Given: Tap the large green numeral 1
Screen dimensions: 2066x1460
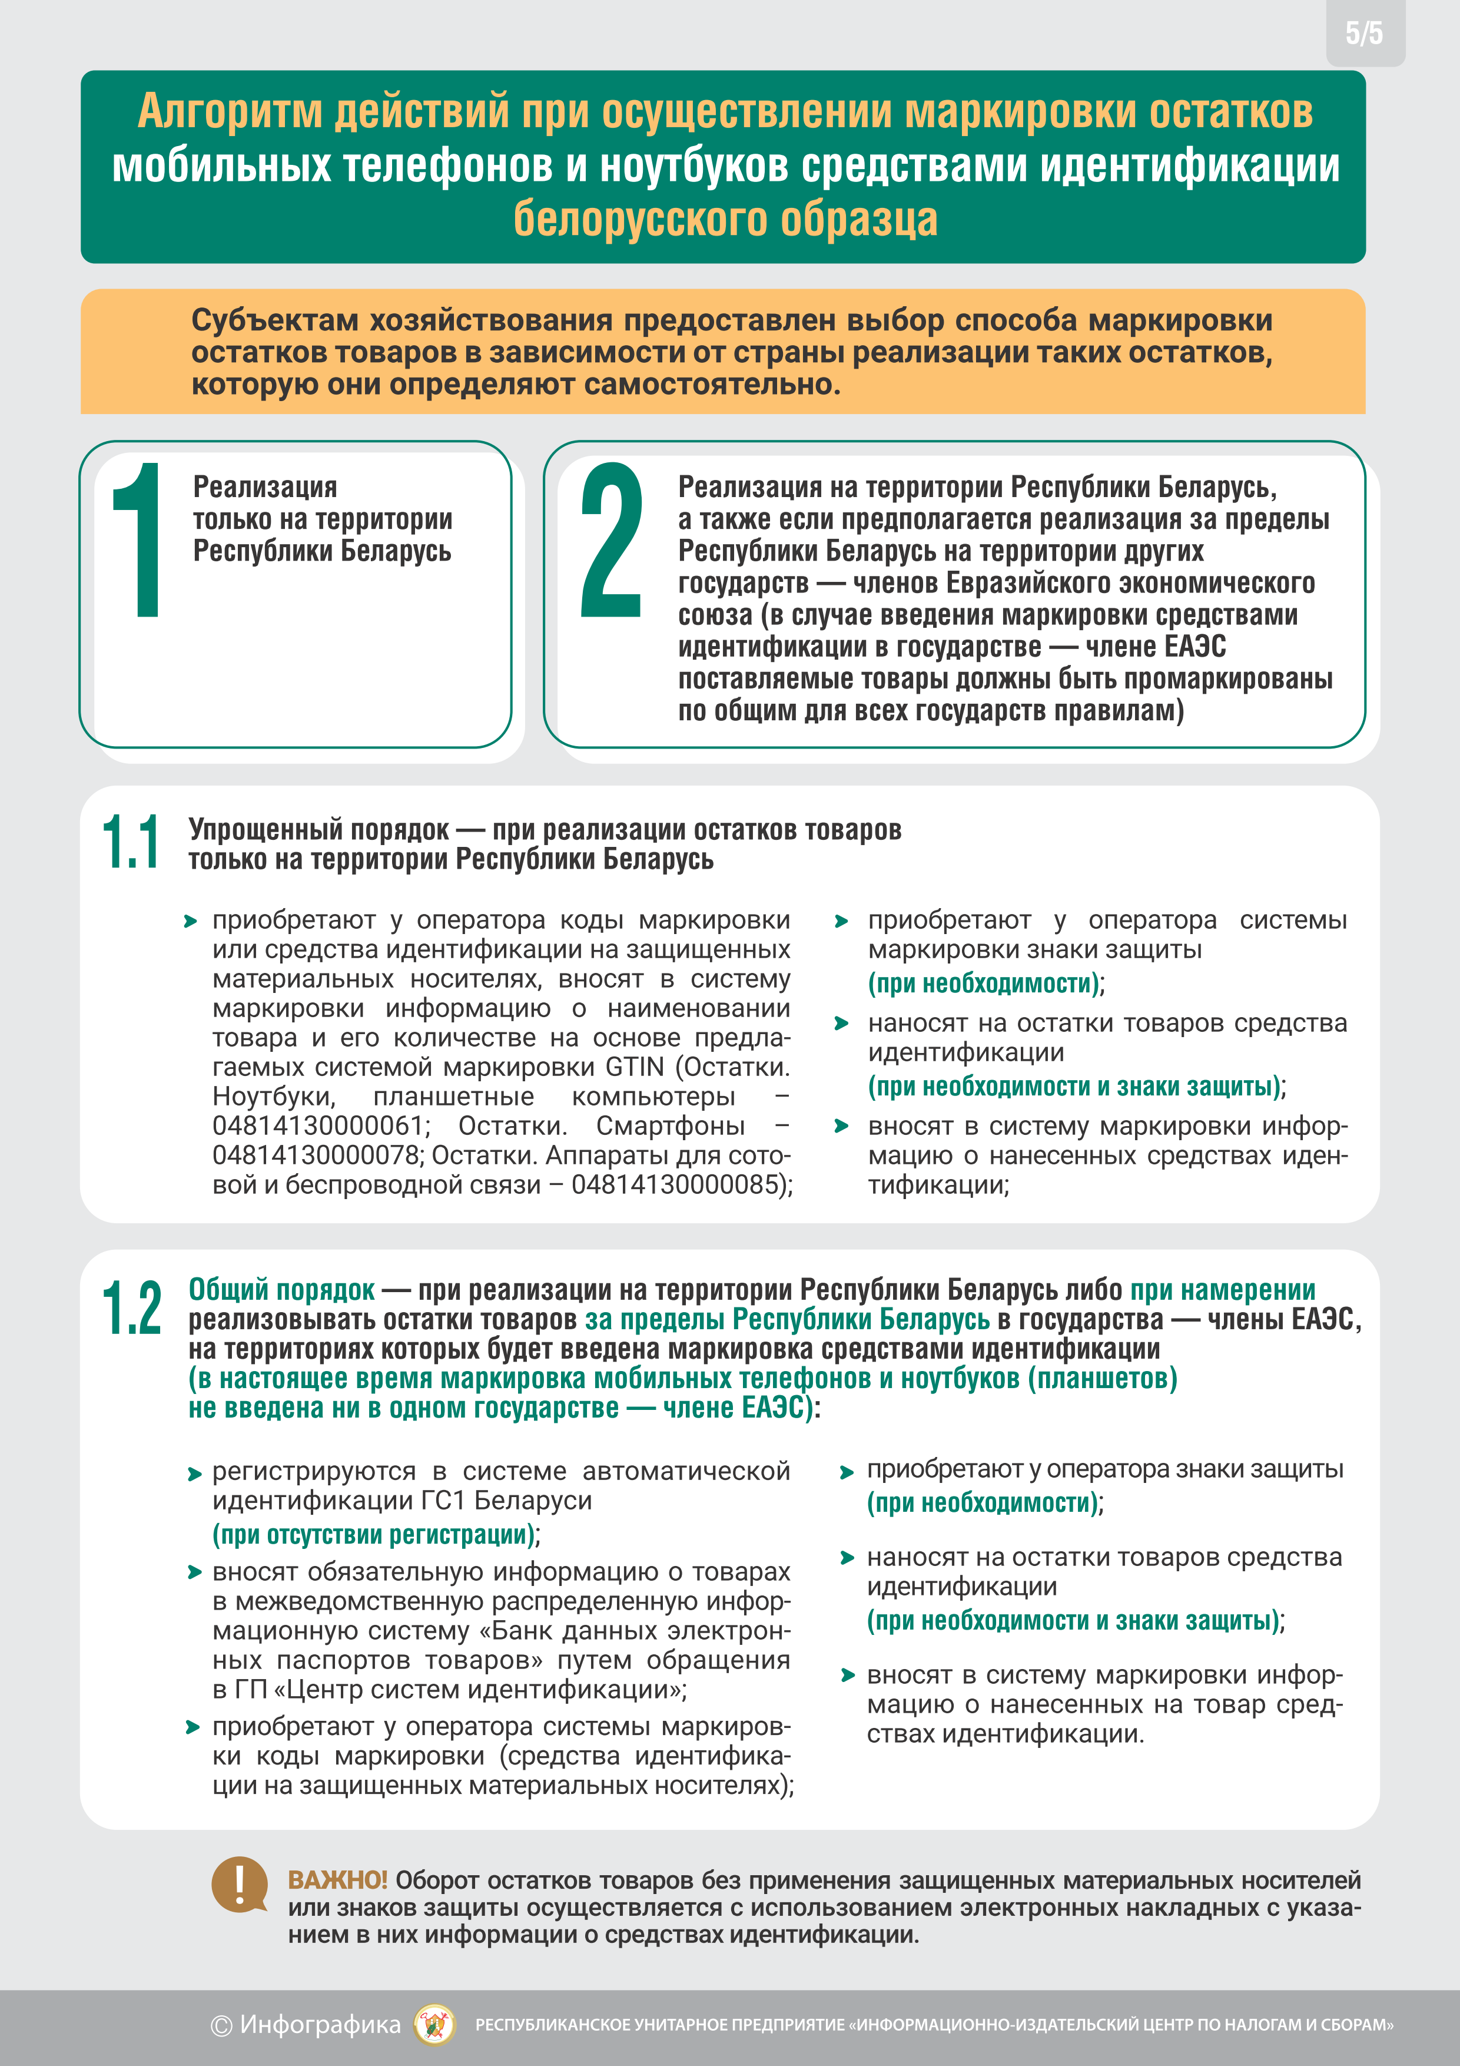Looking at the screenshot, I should pyautogui.click(x=138, y=540).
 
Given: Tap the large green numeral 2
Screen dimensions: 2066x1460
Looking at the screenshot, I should pyautogui.click(x=612, y=540).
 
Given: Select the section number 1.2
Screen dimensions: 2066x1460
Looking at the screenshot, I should pyautogui.click(x=131, y=1307).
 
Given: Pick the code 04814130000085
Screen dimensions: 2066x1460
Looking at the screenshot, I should pyautogui.click(x=679, y=1185).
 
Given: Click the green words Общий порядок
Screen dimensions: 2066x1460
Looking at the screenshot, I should pyautogui.click(x=281, y=1289).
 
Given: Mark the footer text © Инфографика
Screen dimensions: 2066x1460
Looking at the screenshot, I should pyautogui.click(x=306, y=2025).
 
